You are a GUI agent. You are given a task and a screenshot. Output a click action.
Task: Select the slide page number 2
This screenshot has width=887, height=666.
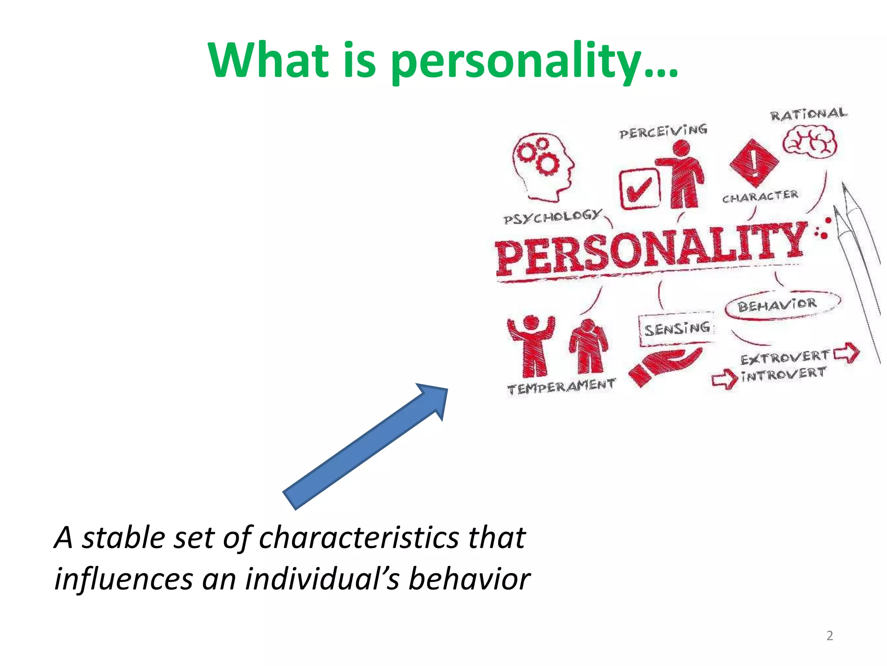[x=829, y=636]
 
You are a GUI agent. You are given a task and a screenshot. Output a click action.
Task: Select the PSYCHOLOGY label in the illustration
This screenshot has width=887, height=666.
[x=553, y=217]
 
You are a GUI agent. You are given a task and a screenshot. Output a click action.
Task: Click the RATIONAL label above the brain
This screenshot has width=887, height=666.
[x=808, y=114]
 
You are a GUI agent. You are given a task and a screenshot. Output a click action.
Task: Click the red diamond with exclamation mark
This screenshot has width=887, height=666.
[x=754, y=163]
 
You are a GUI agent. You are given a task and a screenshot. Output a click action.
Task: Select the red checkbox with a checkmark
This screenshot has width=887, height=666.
[x=639, y=189]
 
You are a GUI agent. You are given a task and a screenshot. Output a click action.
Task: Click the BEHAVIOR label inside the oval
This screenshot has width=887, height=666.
[x=777, y=305]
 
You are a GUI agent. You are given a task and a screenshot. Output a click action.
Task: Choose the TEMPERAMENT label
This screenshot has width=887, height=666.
[x=561, y=387]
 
